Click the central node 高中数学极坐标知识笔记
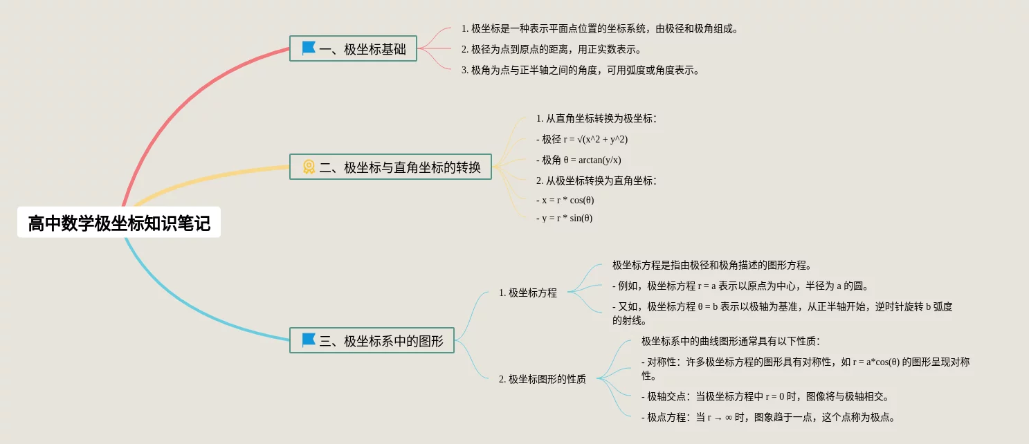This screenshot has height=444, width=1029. [119, 223]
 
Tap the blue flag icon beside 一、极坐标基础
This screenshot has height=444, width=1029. [309, 48]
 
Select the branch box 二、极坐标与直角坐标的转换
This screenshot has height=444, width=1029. [390, 167]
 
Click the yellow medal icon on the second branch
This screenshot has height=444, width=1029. [309, 167]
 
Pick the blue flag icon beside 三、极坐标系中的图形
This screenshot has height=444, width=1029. [309, 340]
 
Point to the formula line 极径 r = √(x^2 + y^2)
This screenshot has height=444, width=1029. [582, 139]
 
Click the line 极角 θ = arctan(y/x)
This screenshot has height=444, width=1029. [579, 160]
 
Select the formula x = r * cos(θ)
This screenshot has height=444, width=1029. [565, 200]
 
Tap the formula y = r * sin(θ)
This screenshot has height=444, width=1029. [564, 218]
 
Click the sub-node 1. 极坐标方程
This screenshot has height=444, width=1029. [528, 293]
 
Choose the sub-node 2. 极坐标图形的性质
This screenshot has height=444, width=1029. [543, 379]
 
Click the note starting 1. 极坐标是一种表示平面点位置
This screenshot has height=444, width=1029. [600, 29]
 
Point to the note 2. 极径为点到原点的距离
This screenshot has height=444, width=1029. [552, 50]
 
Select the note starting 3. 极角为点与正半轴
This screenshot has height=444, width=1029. [581, 70]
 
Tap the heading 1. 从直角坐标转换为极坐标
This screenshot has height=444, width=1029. [596, 118]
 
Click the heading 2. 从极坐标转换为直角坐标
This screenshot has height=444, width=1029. [596, 181]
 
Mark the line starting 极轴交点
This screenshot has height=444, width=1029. [765, 396]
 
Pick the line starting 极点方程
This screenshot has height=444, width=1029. [768, 417]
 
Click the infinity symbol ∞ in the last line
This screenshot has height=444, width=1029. [729, 418]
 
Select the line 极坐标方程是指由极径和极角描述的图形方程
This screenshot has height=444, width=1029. [711, 265]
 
